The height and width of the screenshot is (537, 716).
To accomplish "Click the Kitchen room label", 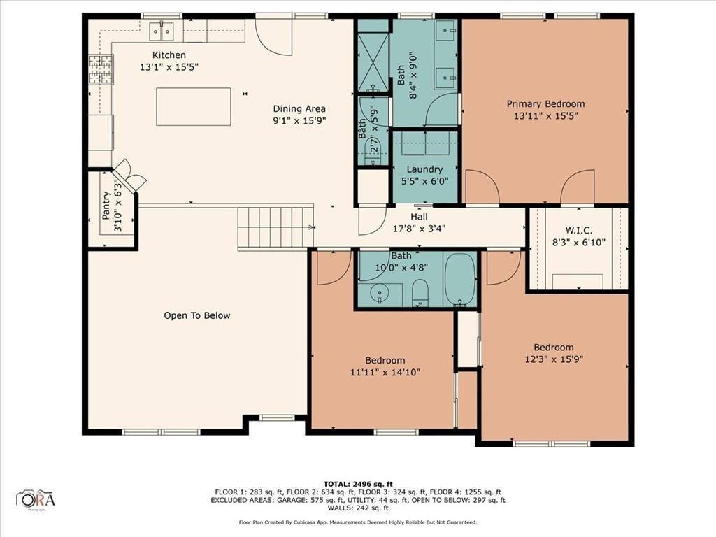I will click(169, 55).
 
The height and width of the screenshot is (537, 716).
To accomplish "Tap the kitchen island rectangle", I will click(194, 106).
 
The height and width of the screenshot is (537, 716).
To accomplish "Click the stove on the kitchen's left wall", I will click(100, 70).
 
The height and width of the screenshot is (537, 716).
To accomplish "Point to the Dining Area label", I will click(299, 108).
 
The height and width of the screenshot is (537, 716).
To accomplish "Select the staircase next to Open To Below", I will click(272, 227).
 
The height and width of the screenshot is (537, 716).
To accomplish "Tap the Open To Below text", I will click(196, 315).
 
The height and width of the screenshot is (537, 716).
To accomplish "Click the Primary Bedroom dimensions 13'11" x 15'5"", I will click(545, 116).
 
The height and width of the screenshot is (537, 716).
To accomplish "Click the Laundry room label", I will click(424, 169).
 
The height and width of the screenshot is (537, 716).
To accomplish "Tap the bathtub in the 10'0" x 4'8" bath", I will click(460, 279).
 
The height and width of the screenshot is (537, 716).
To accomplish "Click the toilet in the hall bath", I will click(420, 292).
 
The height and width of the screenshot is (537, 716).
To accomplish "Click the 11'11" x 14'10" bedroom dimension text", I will click(385, 373).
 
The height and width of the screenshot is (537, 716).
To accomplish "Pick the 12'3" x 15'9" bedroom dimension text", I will click(553, 359).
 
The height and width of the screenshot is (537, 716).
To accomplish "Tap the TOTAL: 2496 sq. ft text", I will click(357, 484).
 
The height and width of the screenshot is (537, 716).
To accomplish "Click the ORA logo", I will click(36, 499).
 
